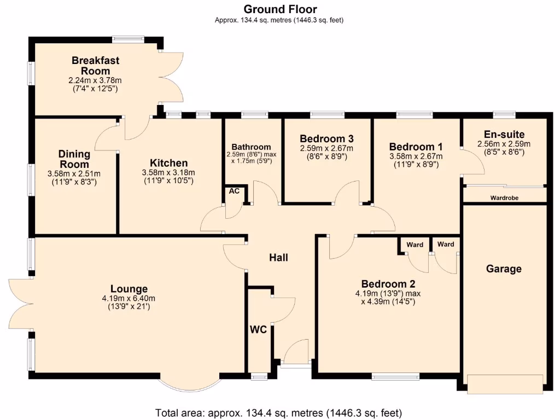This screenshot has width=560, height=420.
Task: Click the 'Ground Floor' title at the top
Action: (x=279, y=9)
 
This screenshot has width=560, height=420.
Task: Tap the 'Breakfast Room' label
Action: (x=96, y=66)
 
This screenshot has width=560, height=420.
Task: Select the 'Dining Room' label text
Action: (x=74, y=159)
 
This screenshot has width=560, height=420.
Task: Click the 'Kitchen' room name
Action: (x=169, y=163)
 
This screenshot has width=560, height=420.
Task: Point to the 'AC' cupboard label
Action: (x=234, y=191)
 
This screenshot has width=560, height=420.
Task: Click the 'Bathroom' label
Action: (x=251, y=147)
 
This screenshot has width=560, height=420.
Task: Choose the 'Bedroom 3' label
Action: (x=326, y=138)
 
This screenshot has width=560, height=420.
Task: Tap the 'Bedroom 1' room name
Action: (x=416, y=147)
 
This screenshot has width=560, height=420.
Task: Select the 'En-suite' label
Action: (x=504, y=135)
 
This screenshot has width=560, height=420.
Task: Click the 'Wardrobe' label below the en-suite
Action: (x=504, y=197)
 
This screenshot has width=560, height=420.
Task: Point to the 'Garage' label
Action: (x=504, y=269)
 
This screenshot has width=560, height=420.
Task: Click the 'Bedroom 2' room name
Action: (x=388, y=284)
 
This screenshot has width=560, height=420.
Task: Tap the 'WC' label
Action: (x=258, y=330)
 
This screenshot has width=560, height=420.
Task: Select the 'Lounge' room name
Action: (x=129, y=289)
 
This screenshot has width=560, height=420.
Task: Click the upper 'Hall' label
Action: (x=278, y=258)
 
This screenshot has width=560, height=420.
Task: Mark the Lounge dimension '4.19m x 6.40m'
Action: (x=129, y=299)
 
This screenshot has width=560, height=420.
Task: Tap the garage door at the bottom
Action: (x=505, y=384)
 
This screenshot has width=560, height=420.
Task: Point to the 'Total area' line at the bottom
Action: (x=279, y=412)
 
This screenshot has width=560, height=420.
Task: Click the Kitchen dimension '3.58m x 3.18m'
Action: (x=169, y=173)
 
